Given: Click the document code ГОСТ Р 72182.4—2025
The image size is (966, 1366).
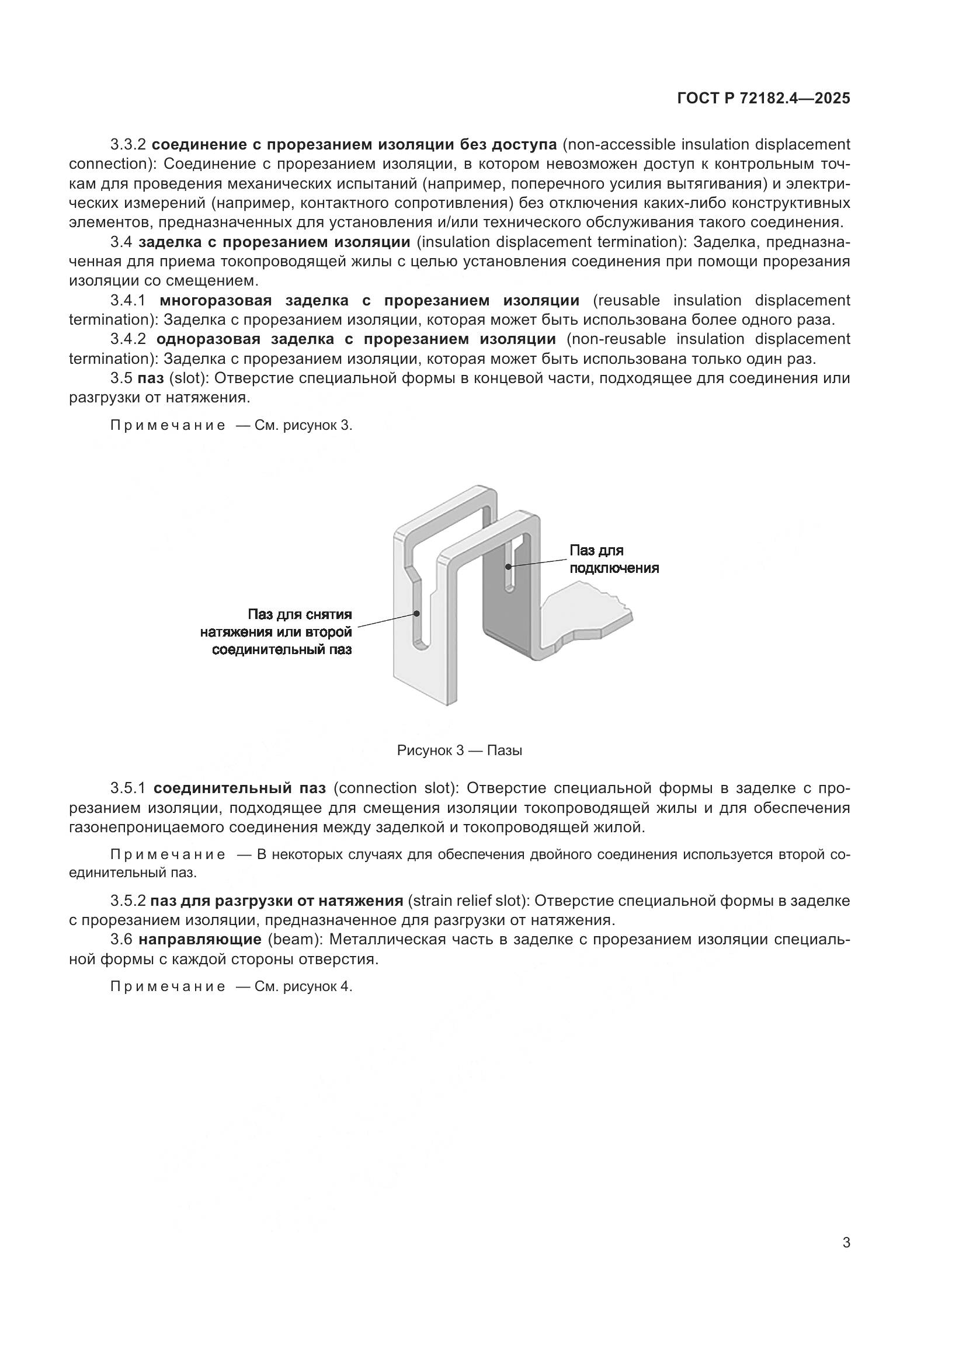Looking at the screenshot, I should [x=763, y=99].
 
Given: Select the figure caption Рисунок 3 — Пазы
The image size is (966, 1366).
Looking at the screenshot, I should [x=459, y=750].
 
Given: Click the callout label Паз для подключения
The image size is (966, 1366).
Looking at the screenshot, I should [x=613, y=559].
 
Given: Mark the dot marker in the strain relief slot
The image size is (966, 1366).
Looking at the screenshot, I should [x=417, y=613].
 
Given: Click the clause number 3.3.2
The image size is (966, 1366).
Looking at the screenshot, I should [x=128, y=145].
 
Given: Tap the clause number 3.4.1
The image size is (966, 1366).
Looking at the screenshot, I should [x=128, y=300].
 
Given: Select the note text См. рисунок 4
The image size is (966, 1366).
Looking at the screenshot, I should [x=303, y=986].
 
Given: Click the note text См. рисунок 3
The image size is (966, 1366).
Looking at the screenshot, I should [x=303, y=425].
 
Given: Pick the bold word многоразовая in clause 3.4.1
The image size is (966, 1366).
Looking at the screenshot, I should [x=216, y=300].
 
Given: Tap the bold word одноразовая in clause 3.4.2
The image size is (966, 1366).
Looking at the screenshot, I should [x=208, y=339].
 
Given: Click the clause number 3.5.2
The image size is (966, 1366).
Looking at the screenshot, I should [x=128, y=901].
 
